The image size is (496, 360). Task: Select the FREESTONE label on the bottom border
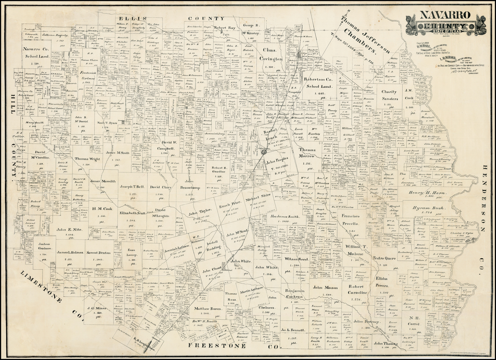[x=211, y=346]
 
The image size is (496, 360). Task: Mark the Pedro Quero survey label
[x=384, y=258]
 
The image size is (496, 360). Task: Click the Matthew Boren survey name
[x=208, y=309]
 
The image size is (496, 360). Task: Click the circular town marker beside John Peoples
[x=263, y=152]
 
